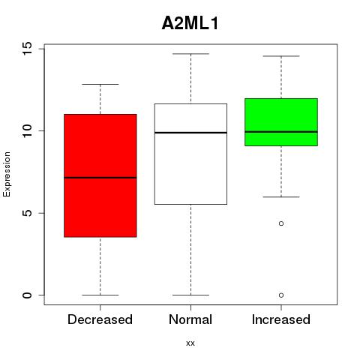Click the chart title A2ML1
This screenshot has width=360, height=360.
pyautogui.click(x=190, y=23)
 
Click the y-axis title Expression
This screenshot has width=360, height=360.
pyautogui.click(x=7, y=174)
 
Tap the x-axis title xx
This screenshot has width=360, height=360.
pyautogui.click(x=190, y=343)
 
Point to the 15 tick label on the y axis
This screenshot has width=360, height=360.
pyautogui.click(x=28, y=49)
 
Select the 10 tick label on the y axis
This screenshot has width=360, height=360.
pyautogui.click(x=28, y=130)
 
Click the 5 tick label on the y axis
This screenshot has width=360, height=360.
pyautogui.click(x=28, y=213)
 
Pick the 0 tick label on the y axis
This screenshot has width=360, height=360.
pyautogui.click(x=28, y=295)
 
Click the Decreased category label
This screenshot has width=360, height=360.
pyautogui.click(x=100, y=319)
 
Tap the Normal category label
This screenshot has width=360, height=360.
pyautogui.click(x=190, y=319)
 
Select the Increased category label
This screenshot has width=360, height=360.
pyautogui.click(x=281, y=319)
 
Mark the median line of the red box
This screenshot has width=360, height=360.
pyautogui.click(x=100, y=178)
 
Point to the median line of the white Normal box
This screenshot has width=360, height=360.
pyautogui.click(x=190, y=133)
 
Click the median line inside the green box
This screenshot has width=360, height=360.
pyautogui.click(x=281, y=132)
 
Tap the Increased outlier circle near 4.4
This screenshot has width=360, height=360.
pyautogui.click(x=281, y=223)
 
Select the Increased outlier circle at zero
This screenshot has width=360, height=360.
pyautogui.click(x=281, y=295)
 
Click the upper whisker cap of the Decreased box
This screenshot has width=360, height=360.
pyautogui.click(x=100, y=84)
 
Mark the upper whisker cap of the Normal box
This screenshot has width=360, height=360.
pyautogui.click(x=190, y=54)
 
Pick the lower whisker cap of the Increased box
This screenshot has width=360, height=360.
pyautogui.click(x=281, y=197)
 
